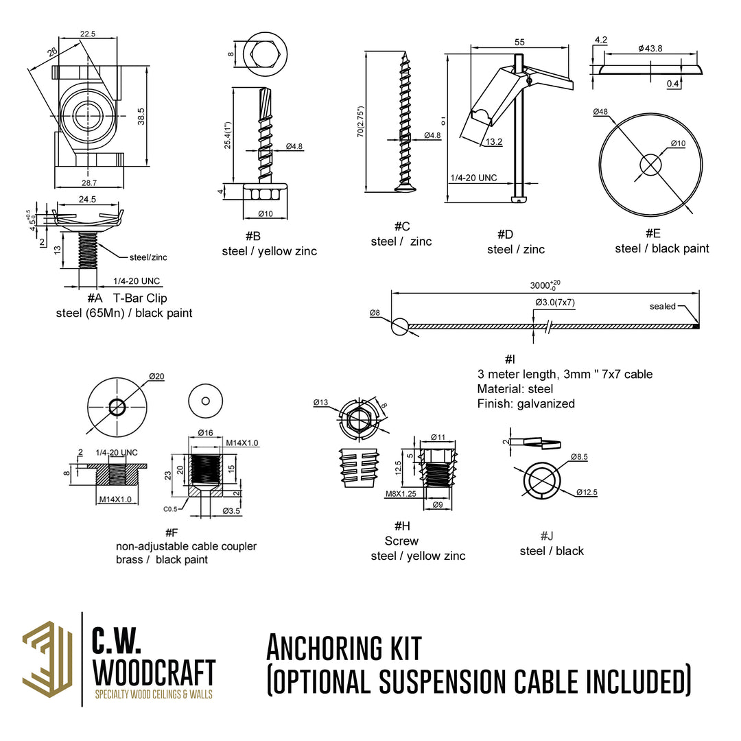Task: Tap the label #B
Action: point(252,236)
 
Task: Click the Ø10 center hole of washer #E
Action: point(650,164)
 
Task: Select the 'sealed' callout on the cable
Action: point(662,306)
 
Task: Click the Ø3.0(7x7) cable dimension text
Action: point(554,303)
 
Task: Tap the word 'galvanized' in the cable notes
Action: point(546,403)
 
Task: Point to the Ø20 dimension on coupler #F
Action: point(156,377)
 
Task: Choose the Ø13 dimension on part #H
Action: point(321,402)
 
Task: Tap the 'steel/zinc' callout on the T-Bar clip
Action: point(148,258)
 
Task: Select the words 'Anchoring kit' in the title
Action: point(344,648)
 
